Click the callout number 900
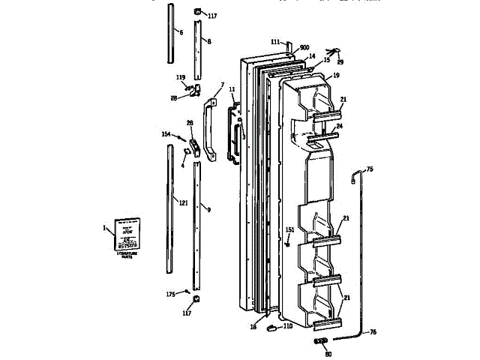point(304,46)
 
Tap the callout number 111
point(275,41)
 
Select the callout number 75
point(370,169)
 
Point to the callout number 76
point(373,331)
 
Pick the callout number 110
point(287,326)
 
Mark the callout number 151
point(290,229)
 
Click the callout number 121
point(183,202)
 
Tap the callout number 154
point(166,134)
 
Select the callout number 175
point(170,293)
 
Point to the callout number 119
point(181,76)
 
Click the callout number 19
point(336,76)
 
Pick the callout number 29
point(341,61)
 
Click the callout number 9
point(208,209)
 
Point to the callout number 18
point(253,327)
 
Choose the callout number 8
point(208,41)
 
